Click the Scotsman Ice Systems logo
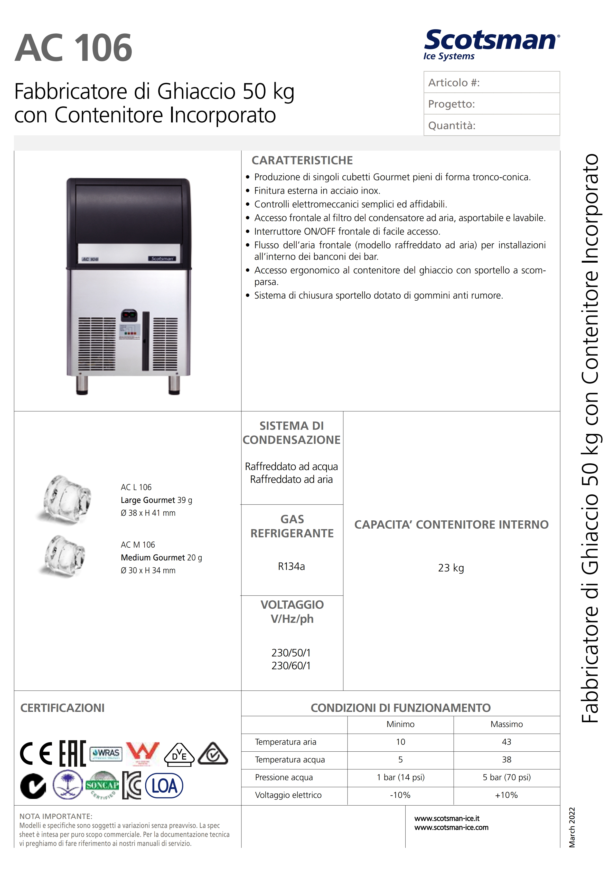(491, 44)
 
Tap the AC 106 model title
(73, 48)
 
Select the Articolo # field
(491, 82)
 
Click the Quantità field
(491, 125)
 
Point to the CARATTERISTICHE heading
(302, 160)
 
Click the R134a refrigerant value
(291, 566)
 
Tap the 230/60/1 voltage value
(291, 665)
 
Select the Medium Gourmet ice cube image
(64, 556)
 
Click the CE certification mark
(36, 753)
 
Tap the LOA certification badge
(164, 786)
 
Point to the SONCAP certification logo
(102, 786)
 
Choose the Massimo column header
(506, 724)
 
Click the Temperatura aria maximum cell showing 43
(506, 742)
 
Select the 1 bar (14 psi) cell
(400, 777)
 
